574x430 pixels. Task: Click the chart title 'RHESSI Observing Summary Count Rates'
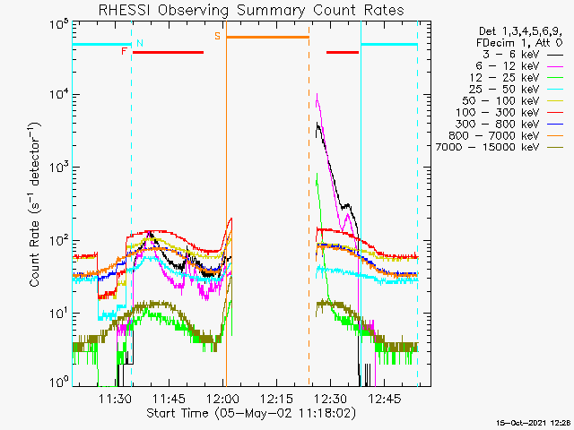pos(251,10)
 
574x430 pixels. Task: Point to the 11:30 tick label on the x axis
pos(115,398)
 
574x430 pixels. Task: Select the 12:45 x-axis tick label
pos(385,398)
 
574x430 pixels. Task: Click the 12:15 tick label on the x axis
pos(277,398)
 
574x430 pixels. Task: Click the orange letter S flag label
pos(217,36)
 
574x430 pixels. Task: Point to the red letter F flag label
pos(124,51)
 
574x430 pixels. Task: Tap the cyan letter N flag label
pos(140,43)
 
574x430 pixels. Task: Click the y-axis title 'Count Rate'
pos(34,254)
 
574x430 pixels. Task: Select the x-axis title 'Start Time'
pos(178,413)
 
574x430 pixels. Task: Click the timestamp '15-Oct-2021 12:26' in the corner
pos(535,423)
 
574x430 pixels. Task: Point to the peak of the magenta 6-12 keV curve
pos(317,93)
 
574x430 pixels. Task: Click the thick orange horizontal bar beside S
pos(267,37)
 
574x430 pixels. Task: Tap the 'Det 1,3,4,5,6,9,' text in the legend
pos(520,31)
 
